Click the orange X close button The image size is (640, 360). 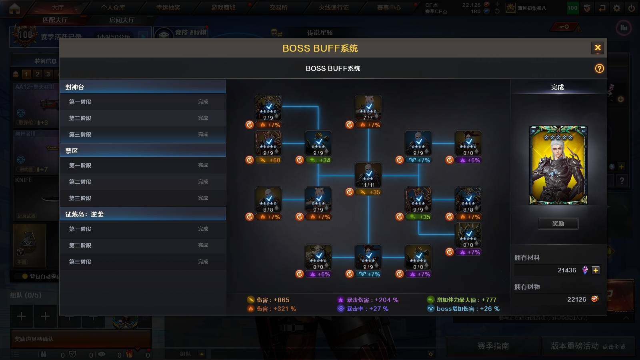(x=598, y=48)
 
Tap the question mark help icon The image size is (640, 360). (x=599, y=68)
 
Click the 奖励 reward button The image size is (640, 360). (x=558, y=224)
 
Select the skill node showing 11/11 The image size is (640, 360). (x=368, y=175)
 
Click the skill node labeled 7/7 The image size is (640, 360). (x=368, y=108)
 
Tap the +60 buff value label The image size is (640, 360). (x=269, y=160)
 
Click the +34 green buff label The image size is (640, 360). (x=319, y=160)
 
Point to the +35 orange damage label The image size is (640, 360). (x=369, y=192)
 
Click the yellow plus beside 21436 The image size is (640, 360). (x=596, y=270)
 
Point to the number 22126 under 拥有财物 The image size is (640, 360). (x=576, y=300)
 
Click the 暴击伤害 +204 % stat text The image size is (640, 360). (x=372, y=300)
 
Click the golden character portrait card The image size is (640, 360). (x=558, y=165)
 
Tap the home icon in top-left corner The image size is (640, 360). (x=14, y=8)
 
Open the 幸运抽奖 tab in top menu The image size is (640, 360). (x=168, y=8)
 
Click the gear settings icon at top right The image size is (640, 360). (x=617, y=8)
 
